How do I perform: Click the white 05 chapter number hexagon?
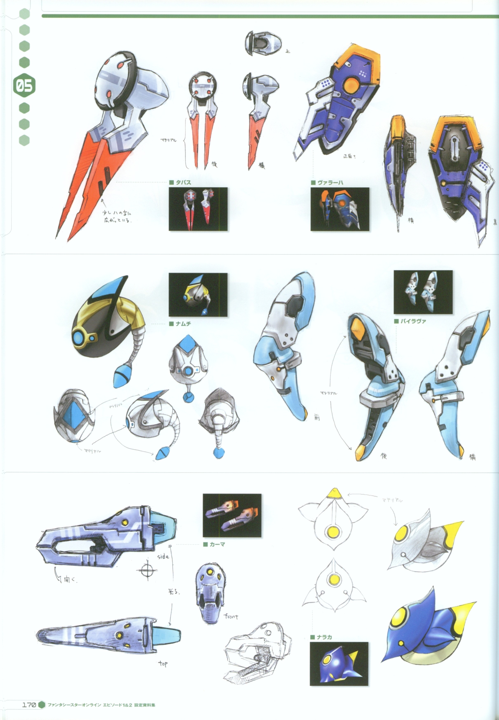coord(24,85)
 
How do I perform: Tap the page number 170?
coord(29,705)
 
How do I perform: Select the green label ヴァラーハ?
coord(330,182)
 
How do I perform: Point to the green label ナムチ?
coord(183,324)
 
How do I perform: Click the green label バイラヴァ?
coord(413,321)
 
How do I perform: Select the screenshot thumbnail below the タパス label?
coord(198,209)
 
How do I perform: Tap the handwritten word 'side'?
coord(163,556)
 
